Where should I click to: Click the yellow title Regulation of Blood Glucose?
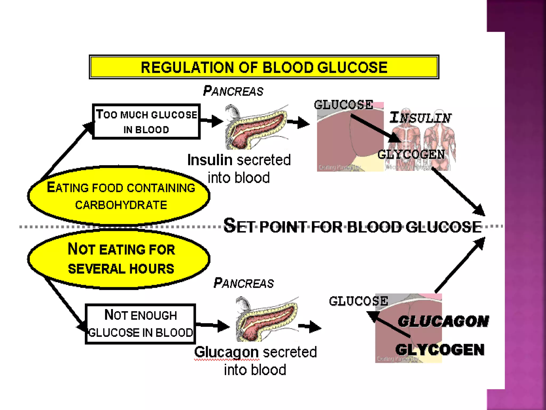[x=264, y=67]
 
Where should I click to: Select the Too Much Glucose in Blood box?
[x=146, y=122]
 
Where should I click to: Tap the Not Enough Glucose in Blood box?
[x=140, y=324]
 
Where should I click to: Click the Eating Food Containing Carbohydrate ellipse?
[x=119, y=196]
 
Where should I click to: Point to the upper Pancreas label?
[x=233, y=91]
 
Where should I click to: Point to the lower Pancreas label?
[x=243, y=283]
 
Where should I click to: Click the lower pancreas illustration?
[x=267, y=319]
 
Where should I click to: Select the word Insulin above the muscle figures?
[x=420, y=117]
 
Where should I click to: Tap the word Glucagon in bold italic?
[x=443, y=321]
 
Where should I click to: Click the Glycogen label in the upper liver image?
[x=411, y=155]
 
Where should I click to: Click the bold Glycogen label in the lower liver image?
[x=440, y=350]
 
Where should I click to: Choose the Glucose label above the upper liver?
[x=343, y=105]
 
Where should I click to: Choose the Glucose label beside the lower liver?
[x=358, y=301]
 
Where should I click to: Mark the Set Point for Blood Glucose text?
[x=352, y=226]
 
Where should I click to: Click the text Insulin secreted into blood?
[x=239, y=169]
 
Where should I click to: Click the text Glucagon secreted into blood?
[x=255, y=361]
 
